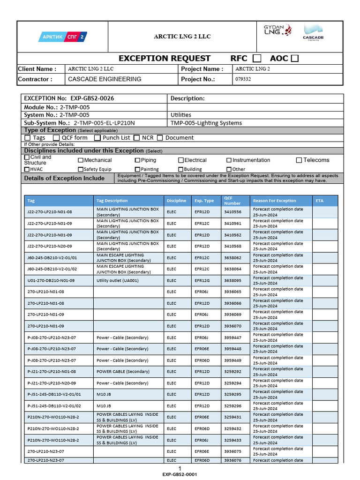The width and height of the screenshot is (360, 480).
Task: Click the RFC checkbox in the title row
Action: [x=257, y=59]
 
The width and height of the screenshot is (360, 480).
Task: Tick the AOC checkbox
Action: [x=294, y=59]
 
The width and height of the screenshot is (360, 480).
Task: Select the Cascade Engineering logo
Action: [x=313, y=33]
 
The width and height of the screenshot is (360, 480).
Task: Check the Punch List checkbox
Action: [x=97, y=138]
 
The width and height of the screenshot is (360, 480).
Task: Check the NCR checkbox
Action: [x=137, y=138]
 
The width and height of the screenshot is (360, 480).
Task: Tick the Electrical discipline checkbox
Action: [x=181, y=160]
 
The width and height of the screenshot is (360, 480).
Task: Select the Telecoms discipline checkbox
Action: [x=299, y=160]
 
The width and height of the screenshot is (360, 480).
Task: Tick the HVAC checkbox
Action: [x=27, y=169]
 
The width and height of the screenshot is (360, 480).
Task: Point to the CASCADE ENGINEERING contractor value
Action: [x=105, y=79]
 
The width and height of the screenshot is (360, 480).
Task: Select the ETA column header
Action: [x=320, y=201]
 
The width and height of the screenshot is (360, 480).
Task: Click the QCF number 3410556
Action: [x=232, y=212]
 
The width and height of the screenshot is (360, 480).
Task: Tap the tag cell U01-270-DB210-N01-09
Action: [x=51, y=280]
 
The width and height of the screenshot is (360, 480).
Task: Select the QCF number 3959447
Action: [x=232, y=337]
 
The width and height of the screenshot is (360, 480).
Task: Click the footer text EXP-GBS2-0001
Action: [x=180, y=474]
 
